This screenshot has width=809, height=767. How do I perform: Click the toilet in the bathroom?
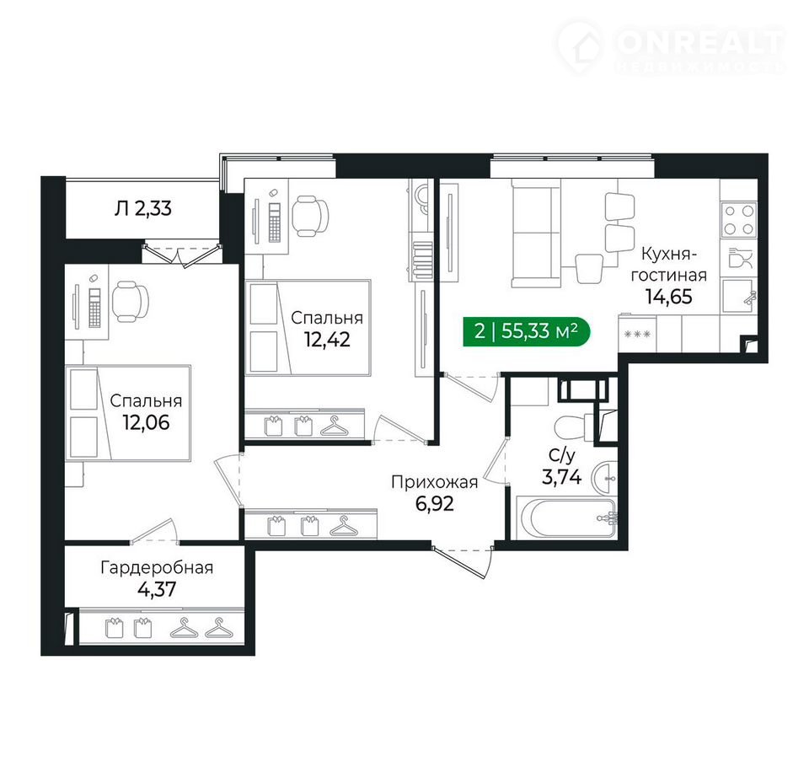(x=574, y=426)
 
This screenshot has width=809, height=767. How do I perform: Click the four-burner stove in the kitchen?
(x=739, y=220)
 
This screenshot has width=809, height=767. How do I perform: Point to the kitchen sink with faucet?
(x=739, y=297)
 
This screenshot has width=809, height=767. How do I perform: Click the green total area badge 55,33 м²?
(x=526, y=331)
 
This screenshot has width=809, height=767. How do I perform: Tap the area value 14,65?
(x=668, y=297)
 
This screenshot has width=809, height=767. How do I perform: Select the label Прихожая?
(x=435, y=482)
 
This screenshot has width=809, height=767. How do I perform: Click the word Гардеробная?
(x=157, y=568)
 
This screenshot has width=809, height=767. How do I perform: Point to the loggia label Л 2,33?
(x=143, y=208)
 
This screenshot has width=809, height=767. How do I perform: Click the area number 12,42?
(x=327, y=340)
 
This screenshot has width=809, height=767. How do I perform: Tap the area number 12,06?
(x=146, y=423)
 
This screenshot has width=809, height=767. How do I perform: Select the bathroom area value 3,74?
(x=561, y=477)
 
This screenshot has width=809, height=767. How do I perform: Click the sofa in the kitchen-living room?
(x=536, y=233)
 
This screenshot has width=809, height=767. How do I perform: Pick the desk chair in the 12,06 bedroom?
(x=131, y=301)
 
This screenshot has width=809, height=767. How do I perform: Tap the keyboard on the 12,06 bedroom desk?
(x=94, y=308)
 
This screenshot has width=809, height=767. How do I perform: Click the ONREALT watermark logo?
(x=671, y=47)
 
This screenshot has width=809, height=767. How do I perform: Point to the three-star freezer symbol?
(x=637, y=335)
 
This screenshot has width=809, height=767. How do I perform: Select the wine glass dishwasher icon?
(x=740, y=258)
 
